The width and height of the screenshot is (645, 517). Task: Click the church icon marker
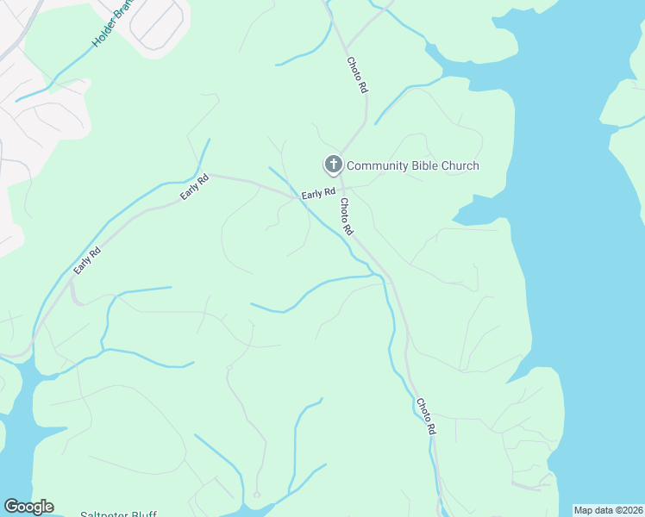[333, 165]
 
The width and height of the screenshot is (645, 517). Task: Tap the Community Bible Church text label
[412, 165]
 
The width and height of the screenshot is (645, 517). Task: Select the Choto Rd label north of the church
[357, 75]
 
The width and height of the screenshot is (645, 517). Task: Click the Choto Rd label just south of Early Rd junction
[347, 217]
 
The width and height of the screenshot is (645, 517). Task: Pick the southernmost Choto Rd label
[426, 416]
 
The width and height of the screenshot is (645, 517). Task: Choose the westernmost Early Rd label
[86, 261]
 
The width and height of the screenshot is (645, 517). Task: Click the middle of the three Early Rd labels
[195, 188]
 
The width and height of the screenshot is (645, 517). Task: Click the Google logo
[28, 507]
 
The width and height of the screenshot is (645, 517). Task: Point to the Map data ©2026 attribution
[607, 510]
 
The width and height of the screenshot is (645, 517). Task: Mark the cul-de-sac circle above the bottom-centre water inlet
[256, 495]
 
